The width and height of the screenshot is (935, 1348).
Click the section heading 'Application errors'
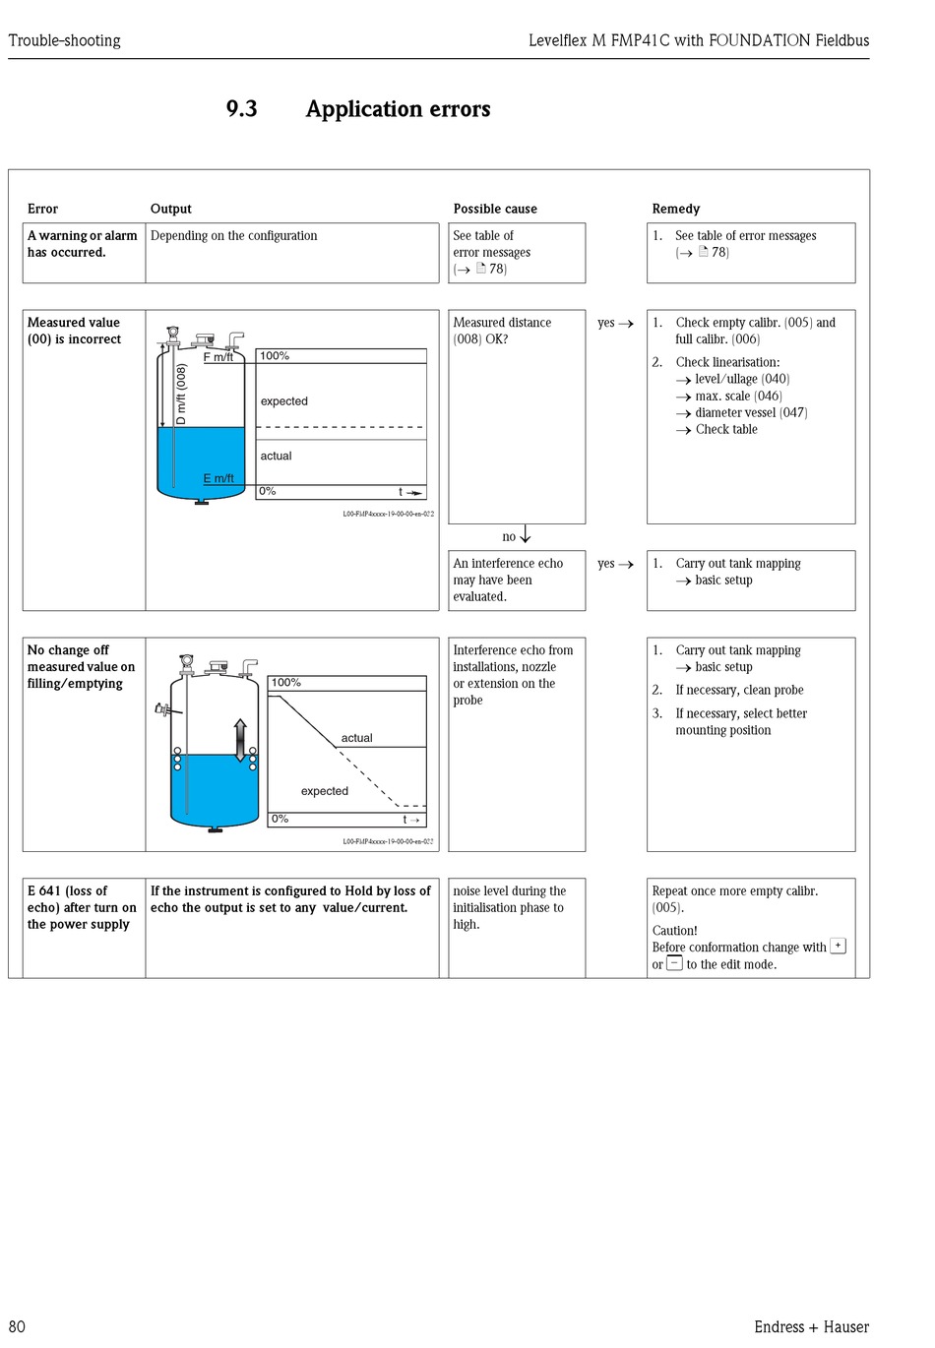click(398, 109)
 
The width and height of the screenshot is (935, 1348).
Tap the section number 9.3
click(241, 109)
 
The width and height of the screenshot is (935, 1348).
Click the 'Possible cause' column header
click(495, 209)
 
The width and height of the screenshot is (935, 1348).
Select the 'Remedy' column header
click(675, 209)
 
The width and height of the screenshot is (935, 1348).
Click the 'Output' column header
click(170, 209)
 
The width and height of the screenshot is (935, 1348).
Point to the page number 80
click(17, 1326)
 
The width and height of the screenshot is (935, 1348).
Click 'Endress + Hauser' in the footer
click(811, 1326)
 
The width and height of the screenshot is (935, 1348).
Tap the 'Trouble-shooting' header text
click(65, 40)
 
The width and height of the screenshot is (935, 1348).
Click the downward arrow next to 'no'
click(526, 534)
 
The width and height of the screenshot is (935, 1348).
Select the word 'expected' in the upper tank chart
click(283, 401)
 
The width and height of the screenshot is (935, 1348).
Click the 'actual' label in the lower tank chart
click(356, 738)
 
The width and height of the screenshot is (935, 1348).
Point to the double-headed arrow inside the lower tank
click(239, 740)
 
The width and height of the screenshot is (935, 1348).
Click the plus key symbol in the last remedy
click(838, 946)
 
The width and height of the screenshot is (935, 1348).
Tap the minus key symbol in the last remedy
click(674, 963)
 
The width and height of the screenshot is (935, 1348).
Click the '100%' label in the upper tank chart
click(275, 356)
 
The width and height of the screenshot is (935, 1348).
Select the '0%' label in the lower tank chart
click(280, 819)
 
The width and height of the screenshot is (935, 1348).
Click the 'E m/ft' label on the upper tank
click(218, 478)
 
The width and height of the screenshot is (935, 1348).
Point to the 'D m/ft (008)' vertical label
click(181, 395)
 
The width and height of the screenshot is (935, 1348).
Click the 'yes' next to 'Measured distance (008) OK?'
click(605, 323)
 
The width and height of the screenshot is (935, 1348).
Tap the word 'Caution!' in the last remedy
click(674, 930)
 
